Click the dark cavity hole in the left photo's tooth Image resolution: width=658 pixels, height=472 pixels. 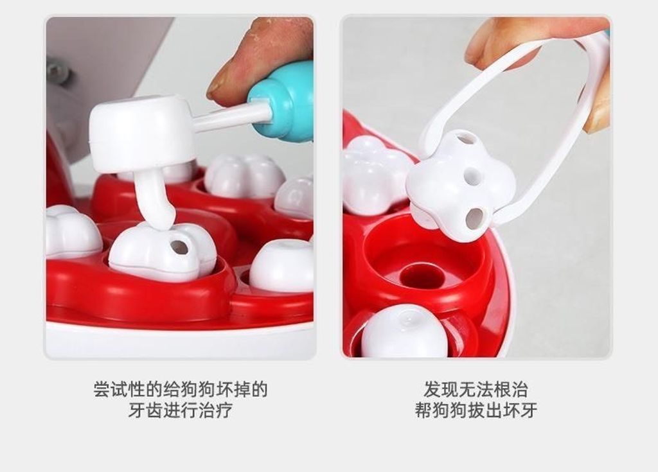click(x=179, y=247)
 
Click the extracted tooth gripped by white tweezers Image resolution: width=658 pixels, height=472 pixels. click(x=461, y=184)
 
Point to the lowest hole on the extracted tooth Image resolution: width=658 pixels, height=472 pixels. click(x=475, y=218)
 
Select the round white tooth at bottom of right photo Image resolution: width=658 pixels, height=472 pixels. click(x=405, y=331)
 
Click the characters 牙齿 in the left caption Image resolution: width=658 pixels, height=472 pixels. click(x=145, y=410)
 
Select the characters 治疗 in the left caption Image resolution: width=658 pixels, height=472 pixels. click(x=215, y=410)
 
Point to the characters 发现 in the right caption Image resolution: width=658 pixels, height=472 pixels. click(x=441, y=389)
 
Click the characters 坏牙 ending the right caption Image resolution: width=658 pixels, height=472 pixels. click(x=520, y=410)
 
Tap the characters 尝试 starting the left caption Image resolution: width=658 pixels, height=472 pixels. click(x=111, y=389)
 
